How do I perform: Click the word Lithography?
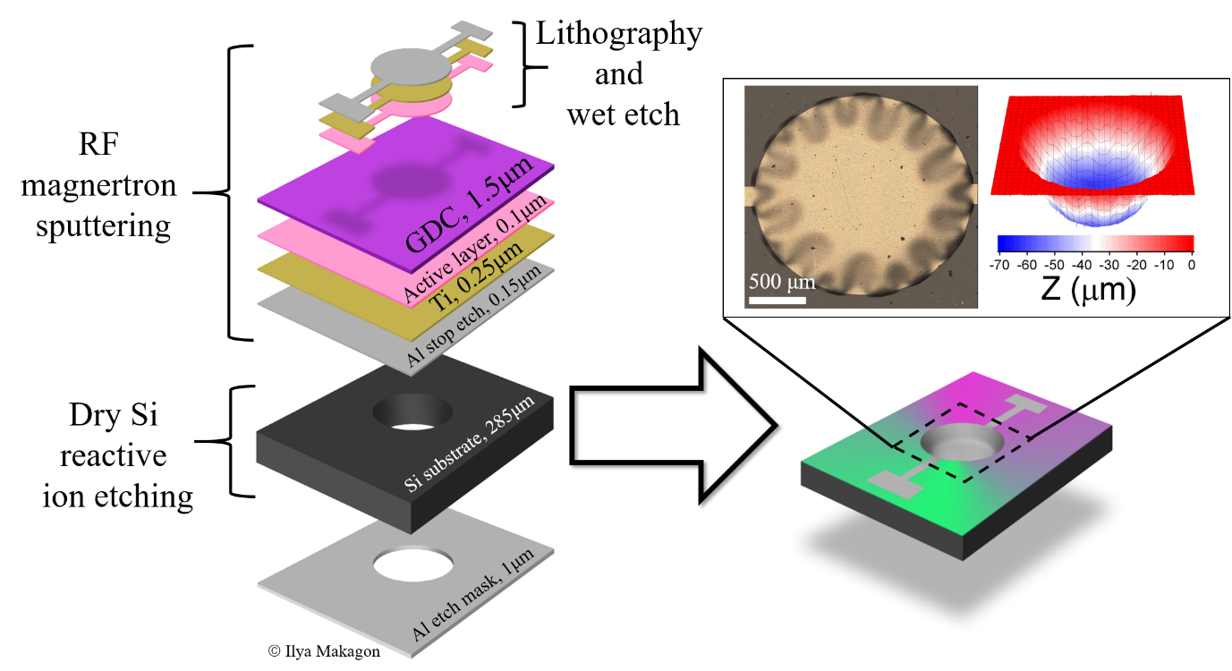click(x=618, y=34)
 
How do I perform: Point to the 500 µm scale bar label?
click(x=782, y=282)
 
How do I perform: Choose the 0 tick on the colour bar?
click(x=1192, y=266)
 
